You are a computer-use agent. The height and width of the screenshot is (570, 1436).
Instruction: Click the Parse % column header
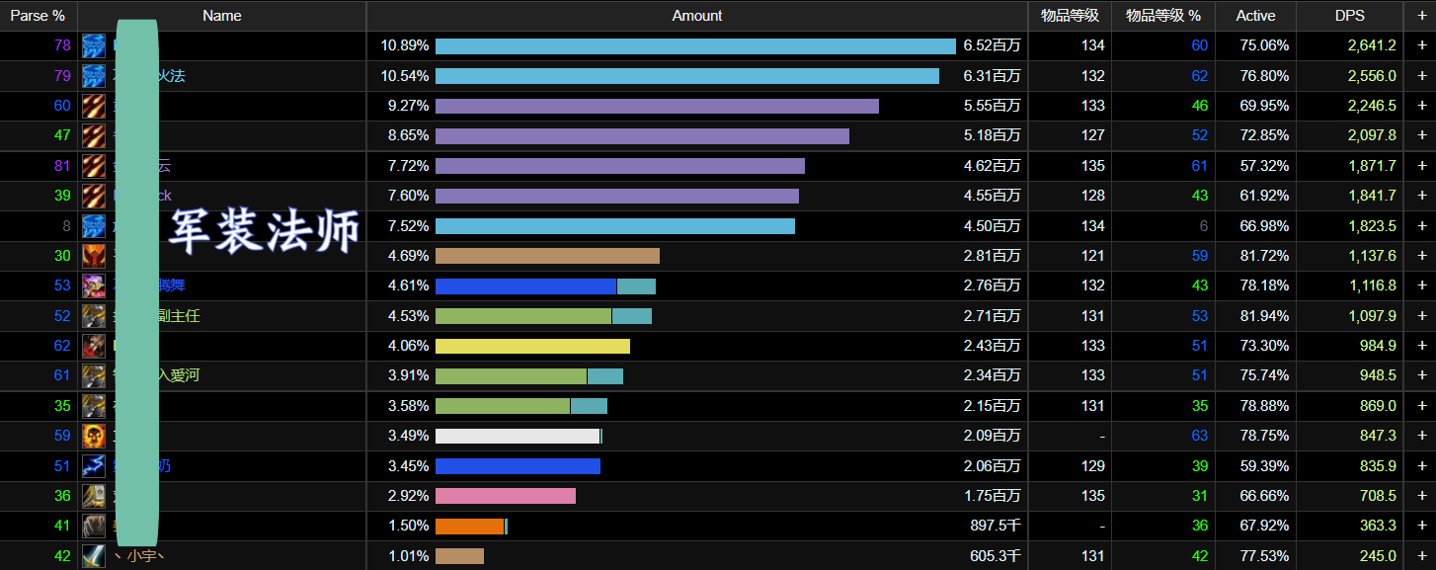pyautogui.click(x=38, y=16)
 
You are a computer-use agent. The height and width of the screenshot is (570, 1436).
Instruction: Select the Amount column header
pyautogui.click(x=696, y=16)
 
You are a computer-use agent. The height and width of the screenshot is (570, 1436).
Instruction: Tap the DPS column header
pyautogui.click(x=1349, y=16)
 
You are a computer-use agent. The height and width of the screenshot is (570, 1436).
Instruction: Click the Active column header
pyautogui.click(x=1255, y=16)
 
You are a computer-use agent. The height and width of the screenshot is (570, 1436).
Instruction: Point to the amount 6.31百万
pyautogui.click(x=992, y=76)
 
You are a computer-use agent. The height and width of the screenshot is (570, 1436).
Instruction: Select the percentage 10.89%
pyautogui.click(x=405, y=45)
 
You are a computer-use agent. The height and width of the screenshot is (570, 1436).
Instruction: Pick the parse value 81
pyautogui.click(x=62, y=166)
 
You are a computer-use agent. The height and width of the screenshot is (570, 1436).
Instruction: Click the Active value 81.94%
pyautogui.click(x=1264, y=316)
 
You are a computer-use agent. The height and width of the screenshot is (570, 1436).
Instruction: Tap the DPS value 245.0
pyautogui.click(x=1378, y=556)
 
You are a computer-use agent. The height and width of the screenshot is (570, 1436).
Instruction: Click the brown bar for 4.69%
pyautogui.click(x=547, y=256)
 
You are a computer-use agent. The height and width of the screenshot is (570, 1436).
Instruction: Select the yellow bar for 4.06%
pyautogui.click(x=532, y=346)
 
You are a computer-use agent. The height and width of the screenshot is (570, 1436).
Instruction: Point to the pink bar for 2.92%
pyautogui.click(x=505, y=496)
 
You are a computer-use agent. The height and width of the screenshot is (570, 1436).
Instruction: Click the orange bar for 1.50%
pyautogui.click(x=469, y=527)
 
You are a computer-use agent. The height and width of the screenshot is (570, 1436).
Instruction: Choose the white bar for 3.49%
pyautogui.click(x=518, y=436)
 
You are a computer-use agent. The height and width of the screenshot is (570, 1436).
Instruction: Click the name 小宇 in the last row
pyautogui.click(x=144, y=556)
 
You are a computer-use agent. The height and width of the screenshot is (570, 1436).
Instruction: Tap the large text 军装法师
pyautogui.click(x=264, y=230)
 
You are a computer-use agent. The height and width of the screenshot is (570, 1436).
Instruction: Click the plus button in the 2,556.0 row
pyautogui.click(x=1421, y=76)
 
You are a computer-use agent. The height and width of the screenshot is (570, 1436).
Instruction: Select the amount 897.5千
pyautogui.click(x=995, y=527)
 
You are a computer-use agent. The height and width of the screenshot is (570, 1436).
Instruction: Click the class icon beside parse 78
pyautogui.click(x=94, y=45)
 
